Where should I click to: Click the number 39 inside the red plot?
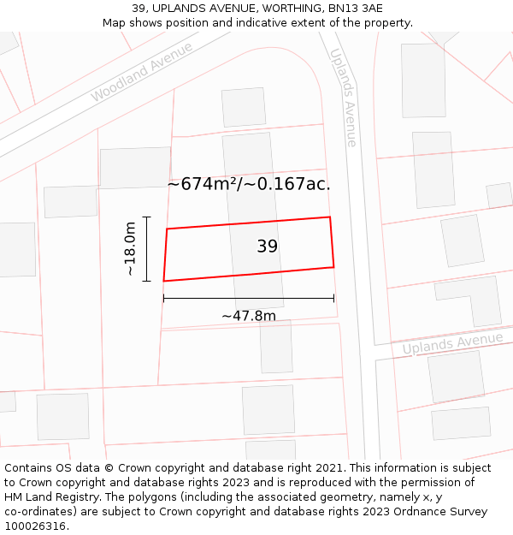coord(267,247)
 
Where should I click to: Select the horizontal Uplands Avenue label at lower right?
coord(452,344)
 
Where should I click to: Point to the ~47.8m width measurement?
coord(249,316)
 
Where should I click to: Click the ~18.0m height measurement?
coord(130,248)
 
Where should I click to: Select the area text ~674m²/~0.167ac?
coord(249,183)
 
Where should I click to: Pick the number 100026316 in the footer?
coord(37,526)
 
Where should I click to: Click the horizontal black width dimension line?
coord(248,299)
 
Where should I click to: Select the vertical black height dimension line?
coord(147,248)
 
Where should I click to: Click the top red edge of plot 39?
coord(248,223)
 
